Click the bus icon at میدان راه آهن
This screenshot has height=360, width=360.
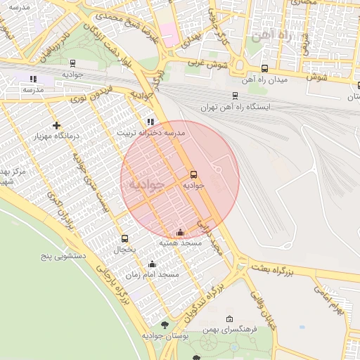point(264,68)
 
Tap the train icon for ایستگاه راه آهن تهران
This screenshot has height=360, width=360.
point(235,96)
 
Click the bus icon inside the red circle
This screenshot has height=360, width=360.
point(193,174)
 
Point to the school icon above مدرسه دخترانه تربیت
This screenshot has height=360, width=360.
point(150,121)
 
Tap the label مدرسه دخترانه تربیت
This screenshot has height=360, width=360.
point(150,132)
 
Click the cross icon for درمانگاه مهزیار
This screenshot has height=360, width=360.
point(57,124)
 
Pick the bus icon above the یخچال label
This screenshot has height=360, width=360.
point(124,238)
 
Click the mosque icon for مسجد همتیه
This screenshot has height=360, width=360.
point(180,231)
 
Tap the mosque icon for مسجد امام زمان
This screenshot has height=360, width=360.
point(152,264)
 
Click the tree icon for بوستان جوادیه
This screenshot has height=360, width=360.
point(165,325)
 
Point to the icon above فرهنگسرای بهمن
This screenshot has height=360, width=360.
point(230,319)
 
